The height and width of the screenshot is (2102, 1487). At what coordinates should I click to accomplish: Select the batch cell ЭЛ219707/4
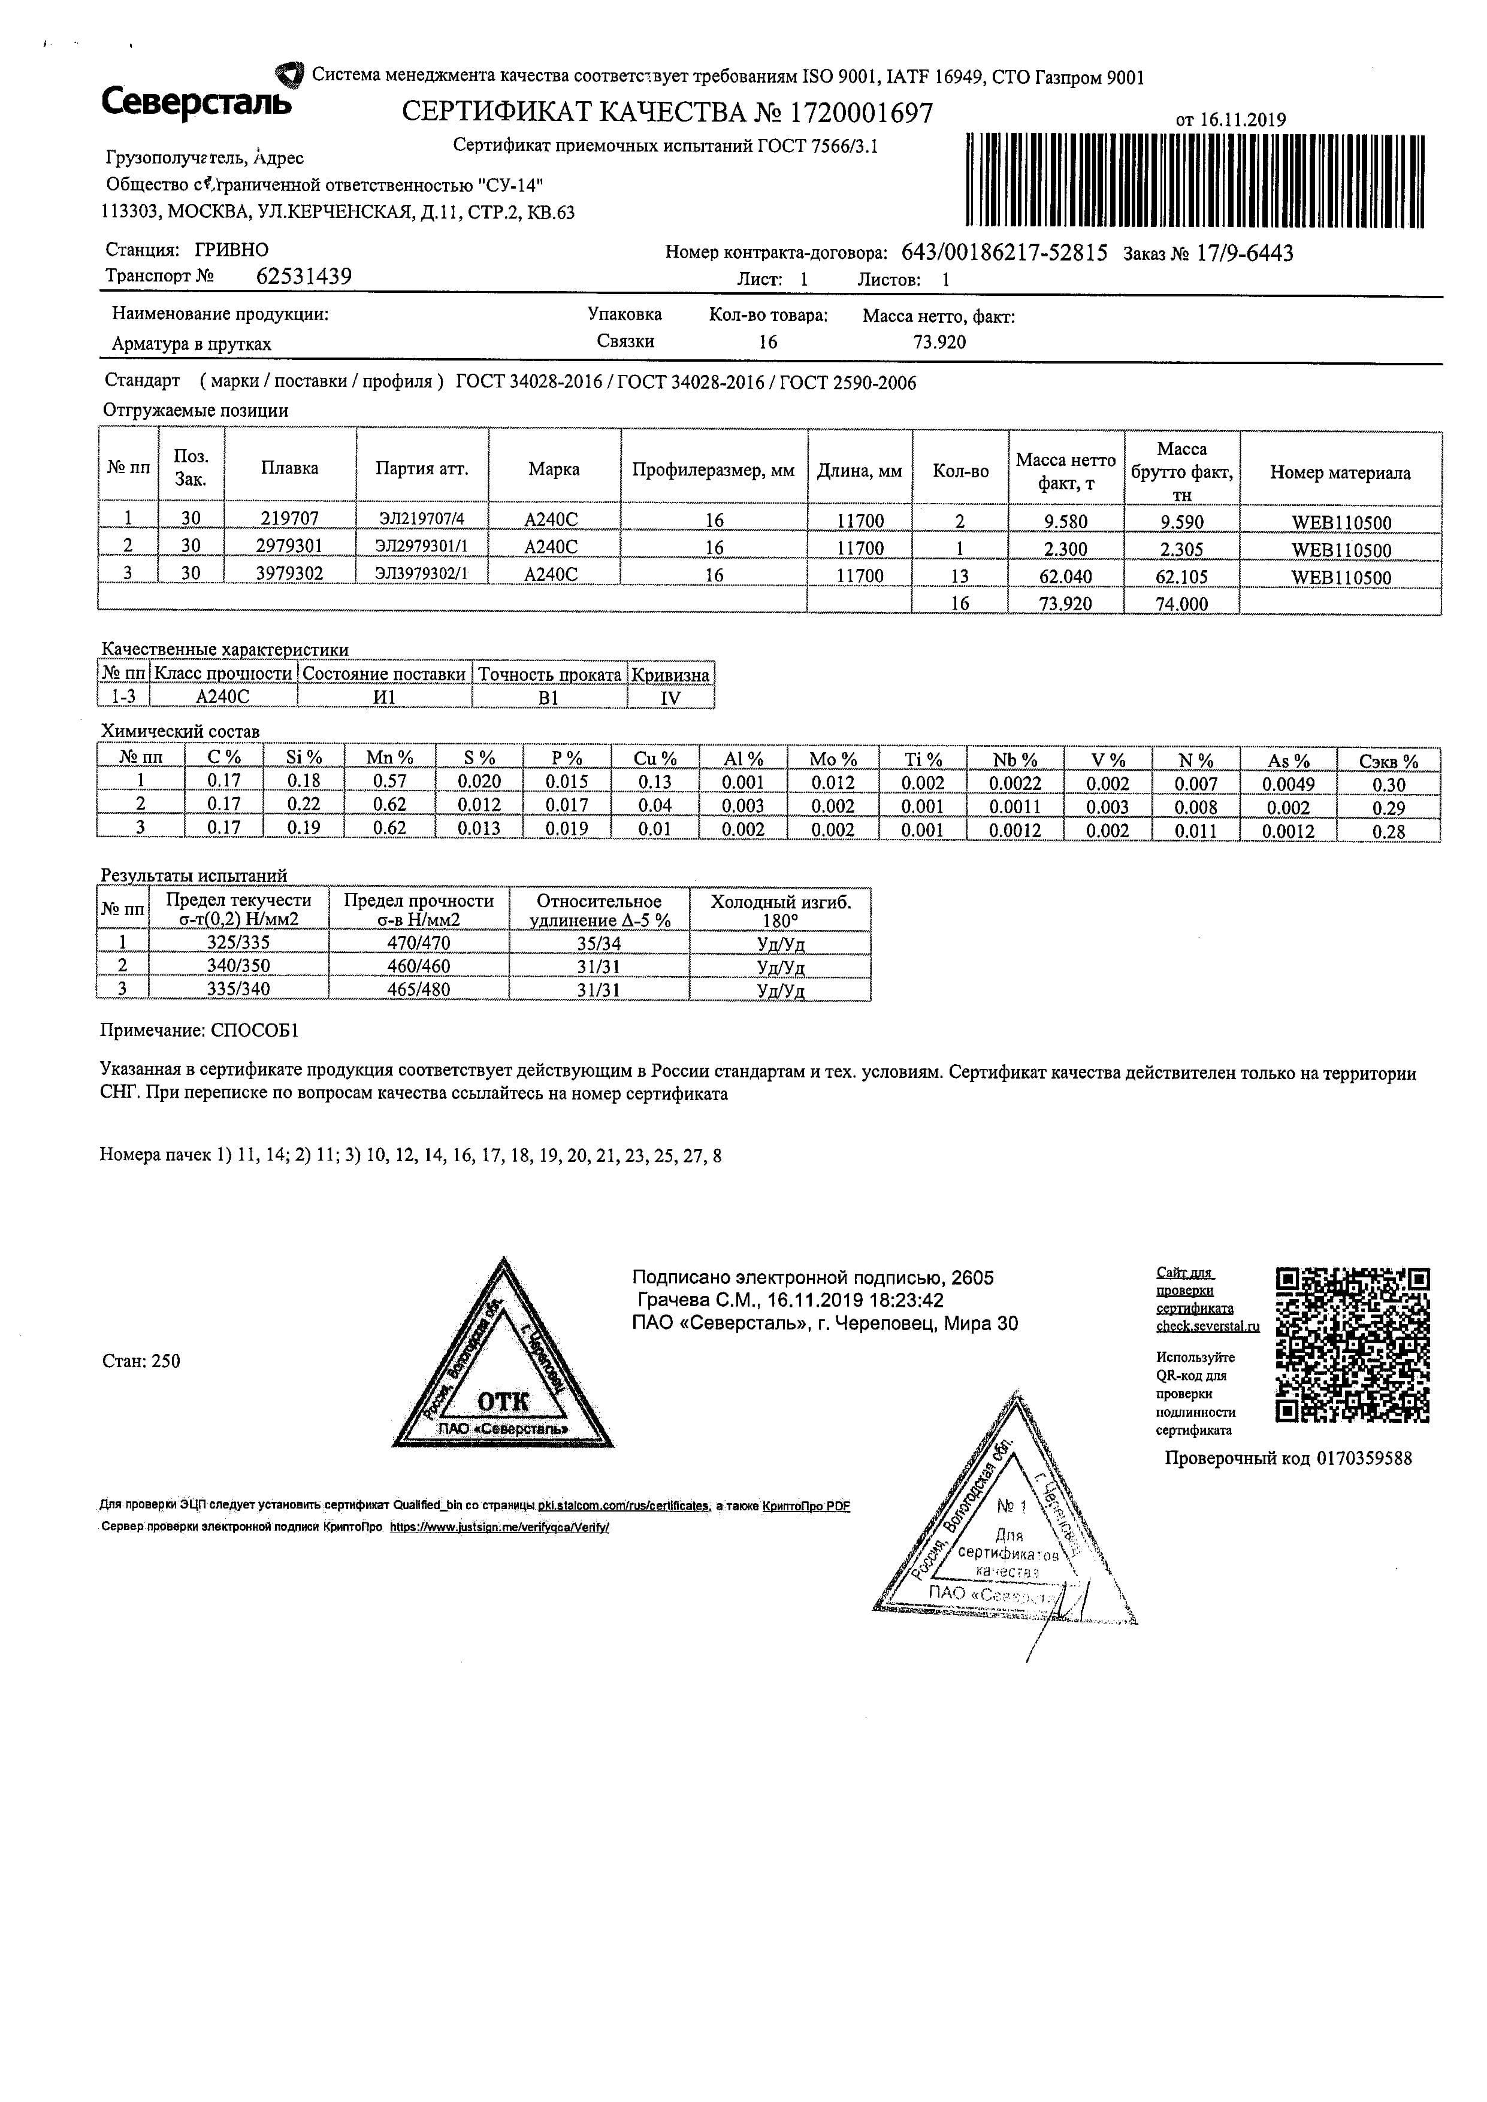421,519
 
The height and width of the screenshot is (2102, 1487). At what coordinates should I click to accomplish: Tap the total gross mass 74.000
1182,604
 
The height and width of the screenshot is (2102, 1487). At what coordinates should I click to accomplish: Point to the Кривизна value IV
670,698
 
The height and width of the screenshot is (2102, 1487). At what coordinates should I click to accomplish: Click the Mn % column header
389,758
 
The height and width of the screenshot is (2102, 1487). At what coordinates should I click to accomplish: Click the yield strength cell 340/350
238,966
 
